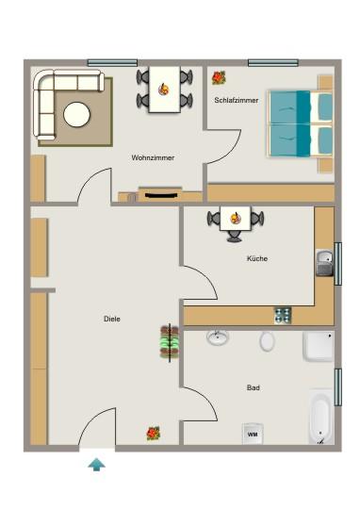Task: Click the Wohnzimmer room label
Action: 153,157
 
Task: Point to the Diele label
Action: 111,319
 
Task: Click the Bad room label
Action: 254,387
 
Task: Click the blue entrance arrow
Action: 96,463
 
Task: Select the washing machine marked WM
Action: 252,434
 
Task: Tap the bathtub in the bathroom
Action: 320,418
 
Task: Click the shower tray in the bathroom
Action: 318,346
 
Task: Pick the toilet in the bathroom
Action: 268,340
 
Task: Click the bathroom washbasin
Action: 219,337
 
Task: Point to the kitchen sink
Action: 324,262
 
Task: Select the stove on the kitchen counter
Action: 282,314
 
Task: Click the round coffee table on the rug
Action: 77,115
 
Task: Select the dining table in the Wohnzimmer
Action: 165,90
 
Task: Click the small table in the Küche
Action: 235,219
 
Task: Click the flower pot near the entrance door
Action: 153,433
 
